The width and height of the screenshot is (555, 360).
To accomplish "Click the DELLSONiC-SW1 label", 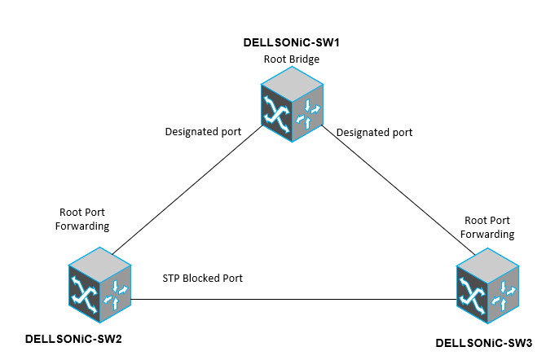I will click(292, 42).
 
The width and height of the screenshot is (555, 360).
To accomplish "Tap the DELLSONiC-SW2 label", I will click(73, 337).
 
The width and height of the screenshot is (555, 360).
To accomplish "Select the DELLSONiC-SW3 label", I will click(484, 340).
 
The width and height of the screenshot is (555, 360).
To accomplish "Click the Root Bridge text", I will click(291, 59).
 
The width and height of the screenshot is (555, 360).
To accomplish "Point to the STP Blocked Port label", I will click(203, 279).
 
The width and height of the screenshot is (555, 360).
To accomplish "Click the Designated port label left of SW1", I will click(203, 131).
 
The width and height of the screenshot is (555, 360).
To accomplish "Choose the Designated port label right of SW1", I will click(374, 131).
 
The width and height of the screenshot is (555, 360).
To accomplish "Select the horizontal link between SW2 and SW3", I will click(293, 299).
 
